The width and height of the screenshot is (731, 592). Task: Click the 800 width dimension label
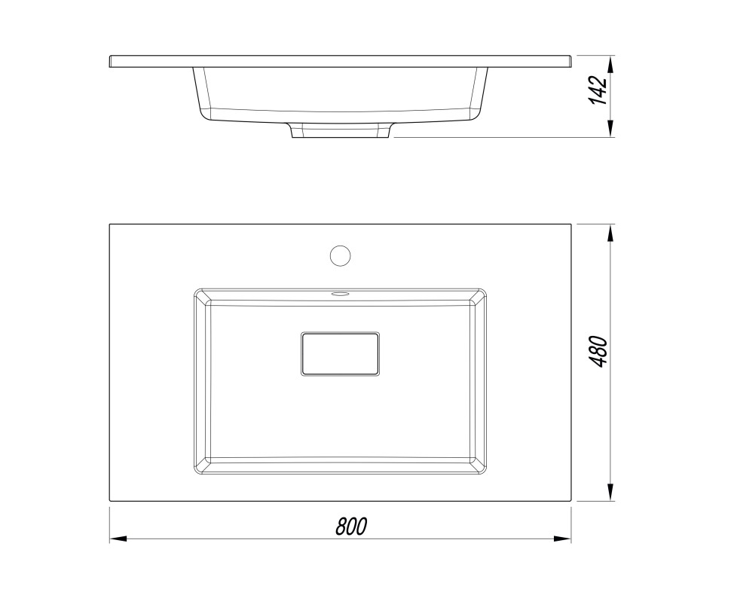click(351, 526)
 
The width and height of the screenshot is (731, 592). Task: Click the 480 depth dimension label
click(599, 352)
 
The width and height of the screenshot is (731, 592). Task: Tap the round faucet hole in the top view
click(340, 256)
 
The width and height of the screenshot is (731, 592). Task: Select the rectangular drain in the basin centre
click(340, 354)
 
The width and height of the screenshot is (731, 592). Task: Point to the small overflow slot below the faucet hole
click(340, 294)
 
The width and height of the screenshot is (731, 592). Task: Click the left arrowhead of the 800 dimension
click(118, 539)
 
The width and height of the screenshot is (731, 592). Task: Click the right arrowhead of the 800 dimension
click(563, 539)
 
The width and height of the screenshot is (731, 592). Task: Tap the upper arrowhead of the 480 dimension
click(610, 233)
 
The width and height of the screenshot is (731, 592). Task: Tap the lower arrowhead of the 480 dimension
click(610, 493)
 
